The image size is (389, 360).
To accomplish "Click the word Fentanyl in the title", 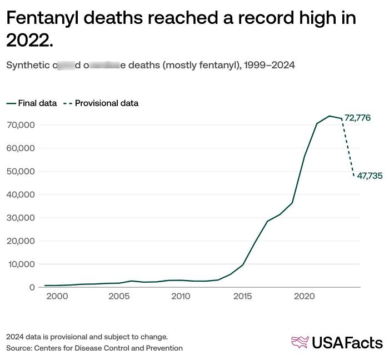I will pyautogui.click(x=45, y=18).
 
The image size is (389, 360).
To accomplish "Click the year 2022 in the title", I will pyautogui.click(x=28, y=40).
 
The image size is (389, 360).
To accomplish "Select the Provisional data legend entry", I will pyautogui.click(x=106, y=103).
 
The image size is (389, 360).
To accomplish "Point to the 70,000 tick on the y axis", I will pyautogui.click(x=22, y=125).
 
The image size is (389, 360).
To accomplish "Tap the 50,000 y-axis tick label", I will pyautogui.click(x=22, y=172).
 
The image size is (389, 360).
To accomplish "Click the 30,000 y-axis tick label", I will pyautogui.click(x=22, y=218).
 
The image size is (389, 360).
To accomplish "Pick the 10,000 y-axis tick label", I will pyautogui.click(x=22, y=264).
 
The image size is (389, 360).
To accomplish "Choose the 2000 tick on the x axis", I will pyautogui.click(x=57, y=297).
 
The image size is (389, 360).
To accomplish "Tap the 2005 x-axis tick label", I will pyautogui.click(x=119, y=297).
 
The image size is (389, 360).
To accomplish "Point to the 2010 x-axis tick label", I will pyautogui.click(x=181, y=297).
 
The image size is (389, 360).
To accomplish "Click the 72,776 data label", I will pyautogui.click(x=357, y=118).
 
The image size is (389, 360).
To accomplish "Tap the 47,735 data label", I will pyautogui.click(x=370, y=176).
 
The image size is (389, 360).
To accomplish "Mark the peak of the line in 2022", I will pyautogui.click(x=330, y=116).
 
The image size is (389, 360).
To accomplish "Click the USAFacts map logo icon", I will pyautogui.click(x=300, y=342).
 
